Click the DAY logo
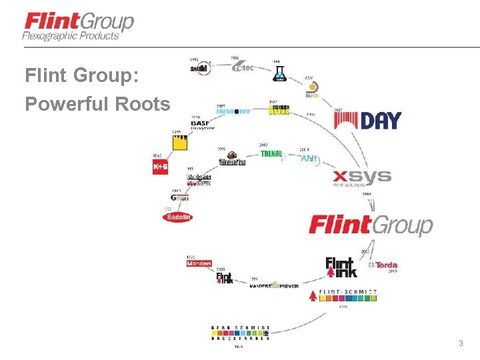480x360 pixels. (367, 121)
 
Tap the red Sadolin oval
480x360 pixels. (178, 217)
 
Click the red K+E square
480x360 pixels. (160, 166)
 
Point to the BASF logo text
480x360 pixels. (200, 123)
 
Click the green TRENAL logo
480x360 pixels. (271, 154)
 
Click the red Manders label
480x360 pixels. (199, 263)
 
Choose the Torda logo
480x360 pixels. (383, 265)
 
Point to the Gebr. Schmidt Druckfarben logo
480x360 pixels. (240, 333)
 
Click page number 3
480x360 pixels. (460, 343)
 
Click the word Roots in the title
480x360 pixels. (143, 104)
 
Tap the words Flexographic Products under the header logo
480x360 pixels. (70, 36)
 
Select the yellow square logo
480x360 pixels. (179, 142)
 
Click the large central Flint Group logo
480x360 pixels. (371, 225)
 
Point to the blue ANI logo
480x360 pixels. (309, 159)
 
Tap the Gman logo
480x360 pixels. (179, 198)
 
